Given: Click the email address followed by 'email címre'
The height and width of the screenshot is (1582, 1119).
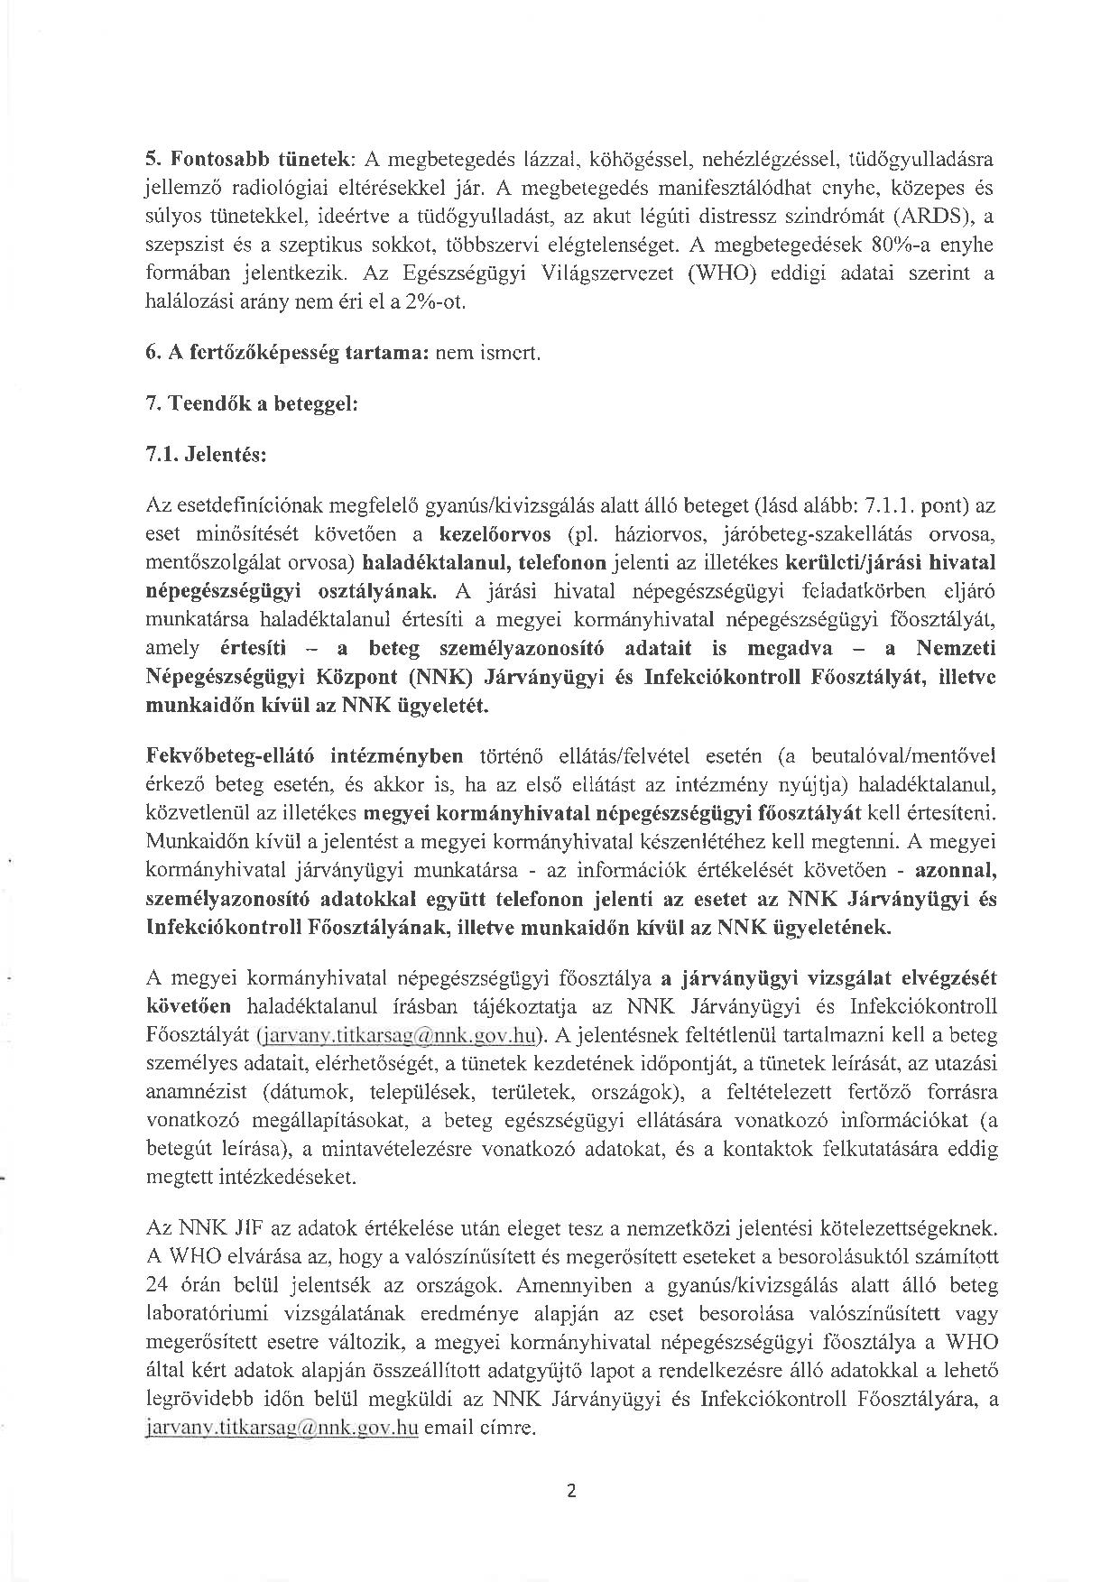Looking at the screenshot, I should (x=282, y=1429).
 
